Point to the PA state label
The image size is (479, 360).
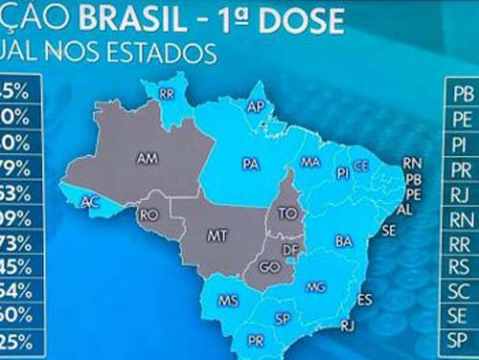click(x=250, y=165)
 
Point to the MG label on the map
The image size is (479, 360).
click(x=316, y=285)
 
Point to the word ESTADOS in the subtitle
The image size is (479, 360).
click(x=171, y=53)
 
